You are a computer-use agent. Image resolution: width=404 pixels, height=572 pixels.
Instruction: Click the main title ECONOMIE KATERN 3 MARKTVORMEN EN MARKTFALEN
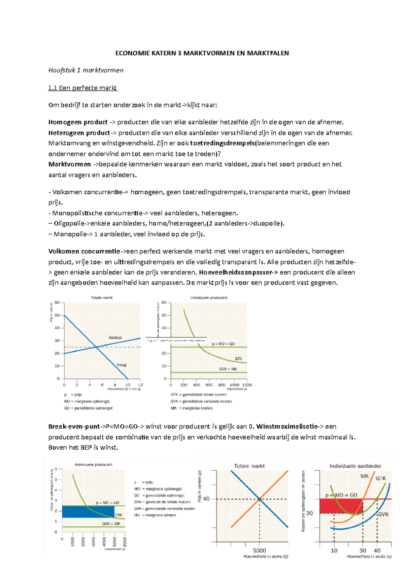click(202, 53)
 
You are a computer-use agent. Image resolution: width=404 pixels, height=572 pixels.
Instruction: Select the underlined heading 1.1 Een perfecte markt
click(82, 88)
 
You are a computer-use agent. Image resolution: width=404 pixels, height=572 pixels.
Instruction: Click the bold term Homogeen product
click(78, 122)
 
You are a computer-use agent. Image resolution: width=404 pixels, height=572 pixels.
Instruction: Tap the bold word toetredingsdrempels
click(223, 143)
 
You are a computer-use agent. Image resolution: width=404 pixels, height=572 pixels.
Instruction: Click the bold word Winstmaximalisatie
click(286, 426)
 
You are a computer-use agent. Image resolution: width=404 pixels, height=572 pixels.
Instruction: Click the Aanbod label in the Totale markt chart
click(115, 338)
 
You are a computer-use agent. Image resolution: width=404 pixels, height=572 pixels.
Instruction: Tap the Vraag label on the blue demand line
click(121, 365)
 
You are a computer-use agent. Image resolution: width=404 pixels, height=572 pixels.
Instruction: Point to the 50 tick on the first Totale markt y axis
click(57, 315)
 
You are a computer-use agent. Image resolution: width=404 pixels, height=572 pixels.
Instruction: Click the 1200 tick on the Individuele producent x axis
click(247, 385)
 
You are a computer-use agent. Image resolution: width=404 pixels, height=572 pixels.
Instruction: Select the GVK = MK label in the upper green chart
click(228, 369)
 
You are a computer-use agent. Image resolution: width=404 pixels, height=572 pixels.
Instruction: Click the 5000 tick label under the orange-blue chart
click(259, 550)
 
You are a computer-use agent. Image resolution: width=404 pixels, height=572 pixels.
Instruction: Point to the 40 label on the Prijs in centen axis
click(206, 499)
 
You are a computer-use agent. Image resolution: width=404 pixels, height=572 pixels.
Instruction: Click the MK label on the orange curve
click(364, 476)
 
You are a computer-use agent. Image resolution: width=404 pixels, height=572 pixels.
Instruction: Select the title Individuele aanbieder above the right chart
click(355, 466)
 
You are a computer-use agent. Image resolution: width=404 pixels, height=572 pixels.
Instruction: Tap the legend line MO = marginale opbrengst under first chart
click(87, 401)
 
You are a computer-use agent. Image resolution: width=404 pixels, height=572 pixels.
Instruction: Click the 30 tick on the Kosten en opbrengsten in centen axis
click(309, 513)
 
